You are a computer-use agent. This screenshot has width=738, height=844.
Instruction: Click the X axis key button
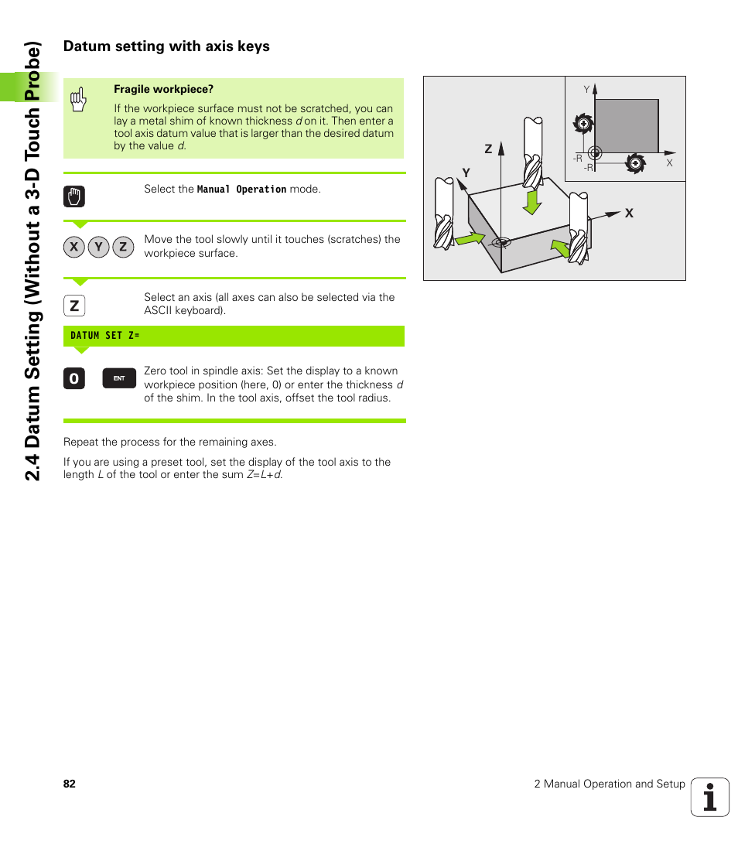tap(74, 247)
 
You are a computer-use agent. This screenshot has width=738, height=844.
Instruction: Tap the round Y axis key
tap(98, 247)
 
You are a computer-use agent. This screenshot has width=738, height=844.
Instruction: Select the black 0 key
tap(74, 378)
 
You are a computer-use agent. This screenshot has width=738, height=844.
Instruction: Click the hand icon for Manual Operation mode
tap(74, 196)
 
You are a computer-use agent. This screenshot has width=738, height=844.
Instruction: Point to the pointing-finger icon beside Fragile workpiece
tap(77, 100)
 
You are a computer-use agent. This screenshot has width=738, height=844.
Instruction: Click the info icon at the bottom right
tap(709, 797)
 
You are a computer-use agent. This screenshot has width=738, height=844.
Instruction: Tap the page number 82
tap(70, 784)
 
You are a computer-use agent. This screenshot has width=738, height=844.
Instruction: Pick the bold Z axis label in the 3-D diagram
tap(488, 149)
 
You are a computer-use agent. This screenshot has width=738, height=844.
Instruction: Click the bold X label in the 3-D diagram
tap(629, 213)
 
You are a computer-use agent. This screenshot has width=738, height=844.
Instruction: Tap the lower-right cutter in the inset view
tap(634, 162)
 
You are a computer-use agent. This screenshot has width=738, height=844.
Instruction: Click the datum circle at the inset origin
tap(594, 152)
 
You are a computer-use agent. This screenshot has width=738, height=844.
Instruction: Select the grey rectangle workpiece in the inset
tap(626, 125)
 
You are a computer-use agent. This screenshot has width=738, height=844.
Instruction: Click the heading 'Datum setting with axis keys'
tap(166, 46)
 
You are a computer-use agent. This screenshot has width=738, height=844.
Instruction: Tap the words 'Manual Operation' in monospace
tap(241, 190)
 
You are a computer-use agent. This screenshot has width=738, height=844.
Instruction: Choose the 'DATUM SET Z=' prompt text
tap(105, 336)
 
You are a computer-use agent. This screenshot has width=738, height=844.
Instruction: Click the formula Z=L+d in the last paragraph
tap(264, 475)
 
